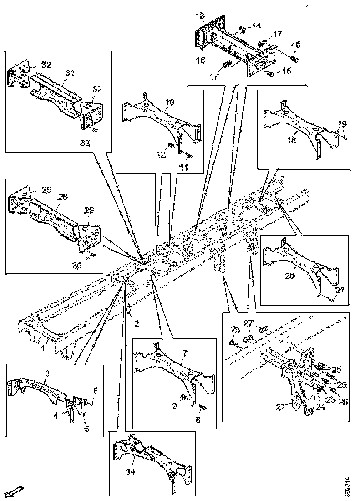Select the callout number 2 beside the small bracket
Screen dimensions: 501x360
pos(137,324)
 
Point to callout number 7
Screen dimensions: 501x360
pos(184,353)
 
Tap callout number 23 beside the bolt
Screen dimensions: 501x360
pos(235,330)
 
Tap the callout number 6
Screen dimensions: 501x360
pos(95,390)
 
